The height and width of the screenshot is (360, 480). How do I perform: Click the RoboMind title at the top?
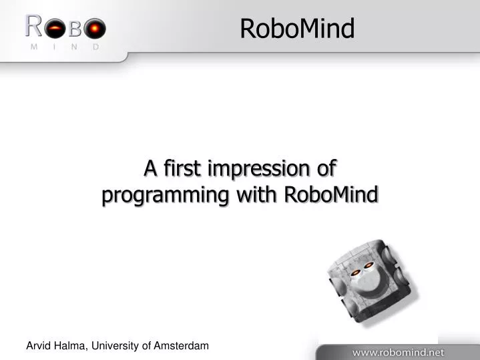(296, 29)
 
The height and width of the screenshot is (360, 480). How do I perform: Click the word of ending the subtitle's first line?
(326, 168)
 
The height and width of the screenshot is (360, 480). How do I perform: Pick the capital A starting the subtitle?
(151, 168)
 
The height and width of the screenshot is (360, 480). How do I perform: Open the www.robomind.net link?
(398, 351)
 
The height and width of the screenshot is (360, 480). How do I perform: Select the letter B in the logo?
(75, 29)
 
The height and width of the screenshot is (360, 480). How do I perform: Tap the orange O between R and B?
(55, 29)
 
